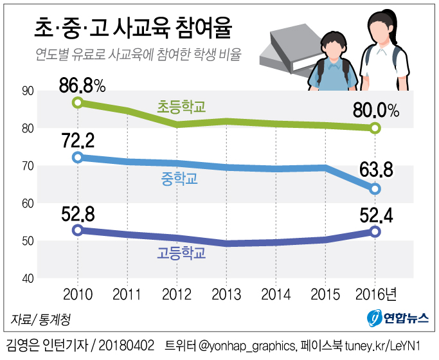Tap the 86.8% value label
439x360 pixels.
click(x=81, y=84)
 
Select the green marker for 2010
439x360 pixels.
click(x=78, y=102)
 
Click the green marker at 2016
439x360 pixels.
click(x=376, y=128)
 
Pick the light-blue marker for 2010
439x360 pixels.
click(x=78, y=157)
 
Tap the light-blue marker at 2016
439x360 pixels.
click(x=376, y=189)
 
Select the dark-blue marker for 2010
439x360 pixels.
click(x=78, y=230)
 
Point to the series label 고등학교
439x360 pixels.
click(x=181, y=253)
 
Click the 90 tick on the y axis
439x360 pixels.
click(x=28, y=91)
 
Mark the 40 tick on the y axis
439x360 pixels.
click(x=28, y=278)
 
